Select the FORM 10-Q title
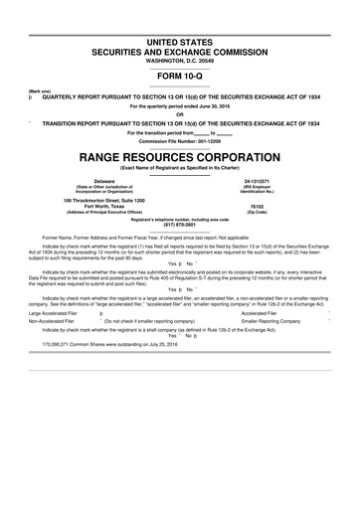pos(180,77)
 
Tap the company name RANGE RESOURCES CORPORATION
pos(180,156)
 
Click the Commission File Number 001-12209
pos(180,140)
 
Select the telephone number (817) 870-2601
pos(180,224)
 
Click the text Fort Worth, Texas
pos(90,207)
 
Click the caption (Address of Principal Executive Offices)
pos(90,213)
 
